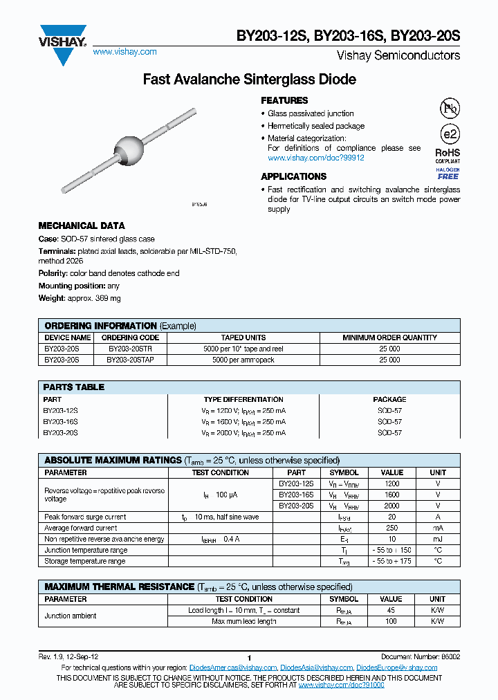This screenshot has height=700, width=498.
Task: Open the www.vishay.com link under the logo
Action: [x=124, y=52]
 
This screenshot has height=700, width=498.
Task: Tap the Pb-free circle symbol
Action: [x=449, y=108]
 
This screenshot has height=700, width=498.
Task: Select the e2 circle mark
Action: [x=449, y=134]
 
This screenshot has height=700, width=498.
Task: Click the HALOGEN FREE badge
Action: [x=448, y=174]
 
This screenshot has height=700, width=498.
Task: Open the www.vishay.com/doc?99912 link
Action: [x=315, y=158]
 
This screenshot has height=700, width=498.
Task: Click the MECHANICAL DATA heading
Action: [x=82, y=225]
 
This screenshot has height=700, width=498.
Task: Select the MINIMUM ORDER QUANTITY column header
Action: [x=389, y=338]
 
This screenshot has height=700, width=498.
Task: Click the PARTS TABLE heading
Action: [x=74, y=387]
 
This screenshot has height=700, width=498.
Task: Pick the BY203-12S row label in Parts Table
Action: [x=61, y=410]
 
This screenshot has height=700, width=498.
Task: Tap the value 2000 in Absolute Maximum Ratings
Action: [x=391, y=506]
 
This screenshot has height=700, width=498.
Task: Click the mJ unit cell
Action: [x=437, y=539]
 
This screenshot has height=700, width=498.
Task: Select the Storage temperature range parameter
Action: [x=85, y=561]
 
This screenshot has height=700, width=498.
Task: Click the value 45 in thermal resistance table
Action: [x=391, y=610]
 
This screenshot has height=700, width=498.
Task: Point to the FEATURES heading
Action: [x=284, y=100]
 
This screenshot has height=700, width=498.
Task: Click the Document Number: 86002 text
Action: [x=420, y=656]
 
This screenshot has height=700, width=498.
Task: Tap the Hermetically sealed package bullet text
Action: [x=316, y=126]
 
